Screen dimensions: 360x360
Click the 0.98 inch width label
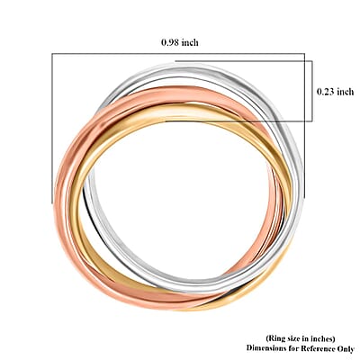(x=180, y=42)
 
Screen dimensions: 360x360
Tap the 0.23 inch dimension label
(x=336, y=91)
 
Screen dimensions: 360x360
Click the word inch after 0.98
(x=190, y=42)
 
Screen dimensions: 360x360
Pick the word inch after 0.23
(x=346, y=91)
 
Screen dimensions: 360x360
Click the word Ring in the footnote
(x=274, y=338)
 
